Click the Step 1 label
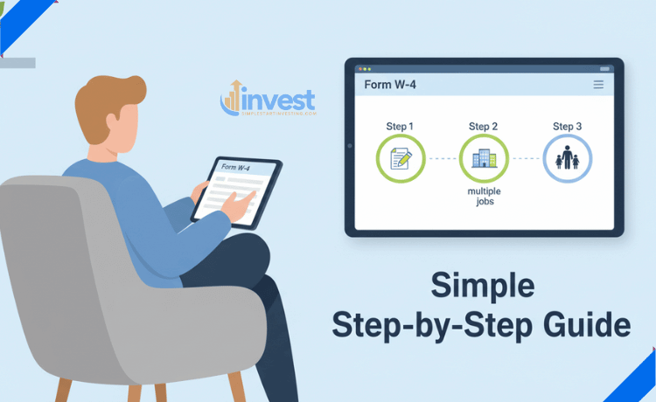[x=400, y=127]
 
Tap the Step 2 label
[x=484, y=127]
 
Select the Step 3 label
[x=568, y=127]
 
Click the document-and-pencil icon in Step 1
[x=400, y=159]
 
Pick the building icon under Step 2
[x=484, y=159]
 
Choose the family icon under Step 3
[x=568, y=159]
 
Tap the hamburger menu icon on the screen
[x=598, y=85]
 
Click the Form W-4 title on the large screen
[x=388, y=85]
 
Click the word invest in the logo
[x=280, y=98]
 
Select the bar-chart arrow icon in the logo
[x=233, y=97]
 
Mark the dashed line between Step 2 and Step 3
[x=526, y=159]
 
